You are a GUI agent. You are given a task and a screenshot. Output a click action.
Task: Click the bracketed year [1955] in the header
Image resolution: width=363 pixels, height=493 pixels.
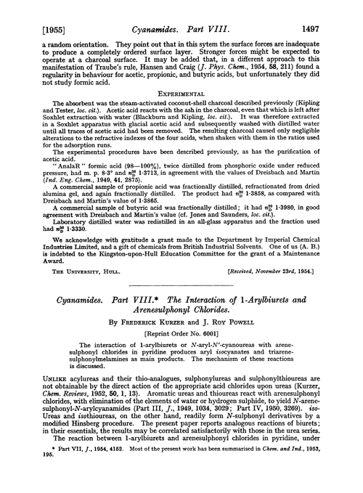pyautogui.click(x=30, y=9)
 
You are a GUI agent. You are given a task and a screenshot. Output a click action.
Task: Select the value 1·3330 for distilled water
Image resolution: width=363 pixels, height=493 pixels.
pyautogui.click(x=78, y=257)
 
